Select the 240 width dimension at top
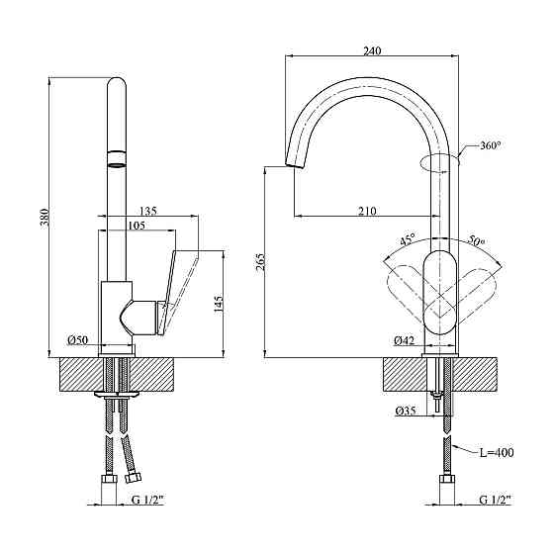click(373, 50)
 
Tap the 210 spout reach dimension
click(368, 210)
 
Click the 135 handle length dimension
click(147, 210)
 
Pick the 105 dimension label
click(137, 227)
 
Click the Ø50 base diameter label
click(77, 340)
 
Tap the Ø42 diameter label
click(403, 340)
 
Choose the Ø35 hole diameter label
click(404, 411)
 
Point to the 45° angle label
click(407, 239)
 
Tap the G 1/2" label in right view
click(494, 499)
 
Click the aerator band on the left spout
click(116, 155)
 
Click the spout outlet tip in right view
click(291, 164)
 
